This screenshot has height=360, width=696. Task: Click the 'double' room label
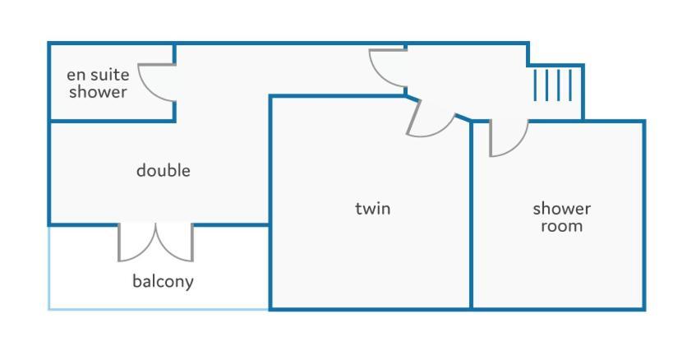pos(164,170)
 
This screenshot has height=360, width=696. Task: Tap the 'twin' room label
pos(373,208)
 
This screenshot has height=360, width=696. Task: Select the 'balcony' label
pos(163,281)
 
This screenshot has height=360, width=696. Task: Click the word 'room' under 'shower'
pos(561,226)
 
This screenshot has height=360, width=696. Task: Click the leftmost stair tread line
pos(535,85)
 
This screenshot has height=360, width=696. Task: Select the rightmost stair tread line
pos(570,85)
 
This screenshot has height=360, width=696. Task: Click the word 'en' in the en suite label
pos(76,75)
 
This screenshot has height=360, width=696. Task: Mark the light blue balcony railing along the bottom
pos(159,309)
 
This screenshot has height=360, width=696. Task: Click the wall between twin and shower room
pos(471,215)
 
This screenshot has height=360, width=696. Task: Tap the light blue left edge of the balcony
pos(48,267)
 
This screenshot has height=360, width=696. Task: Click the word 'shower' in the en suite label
pos(98,92)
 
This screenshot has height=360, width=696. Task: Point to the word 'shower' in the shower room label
pos(561,208)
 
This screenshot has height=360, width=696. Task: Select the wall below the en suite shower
pos(112,121)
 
